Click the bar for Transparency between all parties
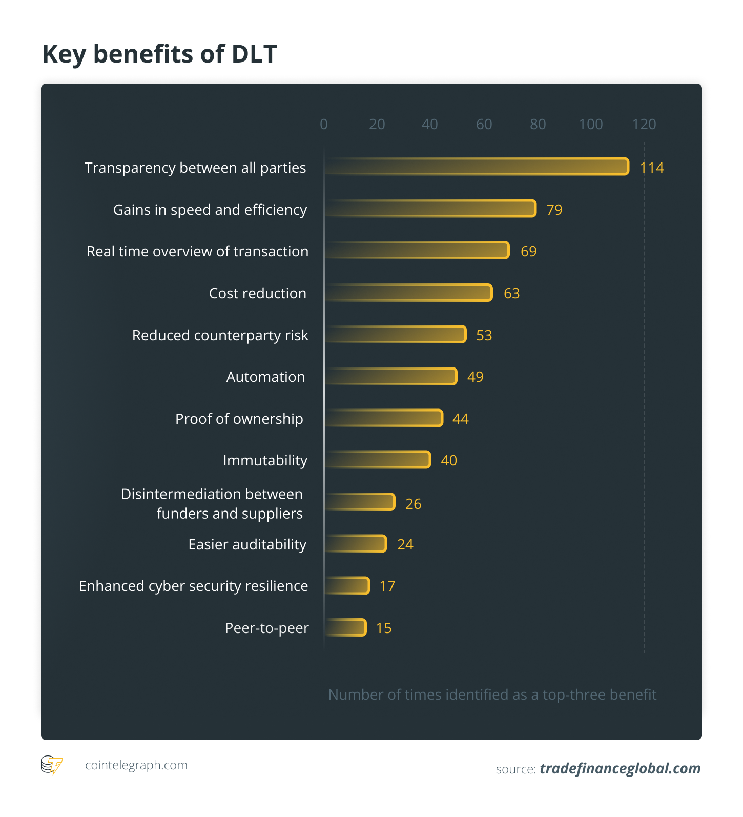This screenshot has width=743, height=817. point(477,167)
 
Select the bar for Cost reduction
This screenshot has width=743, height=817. point(408,293)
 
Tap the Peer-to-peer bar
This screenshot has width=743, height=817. point(346,627)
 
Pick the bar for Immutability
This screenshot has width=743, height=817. point(378,460)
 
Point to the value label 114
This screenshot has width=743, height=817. point(652,168)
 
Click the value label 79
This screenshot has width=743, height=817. point(554,210)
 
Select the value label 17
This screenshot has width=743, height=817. point(387,586)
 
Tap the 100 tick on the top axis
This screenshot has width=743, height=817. point(590,124)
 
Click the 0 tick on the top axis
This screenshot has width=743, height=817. point(324,124)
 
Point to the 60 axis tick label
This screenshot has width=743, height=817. point(484,124)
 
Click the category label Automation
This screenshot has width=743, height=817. point(265,377)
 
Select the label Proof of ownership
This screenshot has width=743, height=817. point(239,419)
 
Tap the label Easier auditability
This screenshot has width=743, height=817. point(247,544)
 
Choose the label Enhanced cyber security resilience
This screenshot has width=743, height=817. point(193,586)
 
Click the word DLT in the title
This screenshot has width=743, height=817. point(254,54)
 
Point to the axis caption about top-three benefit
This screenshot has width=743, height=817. point(492,695)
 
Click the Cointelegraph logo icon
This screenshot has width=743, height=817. point(51,765)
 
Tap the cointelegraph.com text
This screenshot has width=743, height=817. point(136,765)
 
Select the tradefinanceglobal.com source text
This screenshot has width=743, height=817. point(620,768)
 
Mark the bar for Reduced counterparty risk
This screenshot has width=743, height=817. point(395,334)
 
